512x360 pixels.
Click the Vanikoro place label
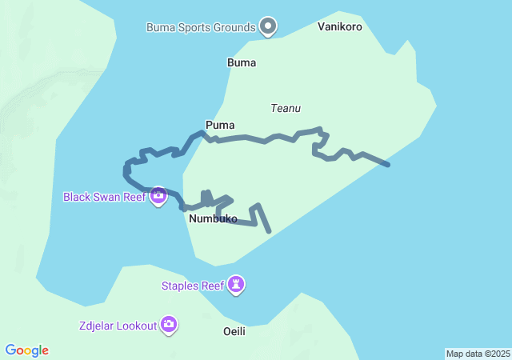pos(339,26)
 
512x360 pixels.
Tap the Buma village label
pos(242,62)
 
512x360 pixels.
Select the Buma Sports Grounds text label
pos(201,27)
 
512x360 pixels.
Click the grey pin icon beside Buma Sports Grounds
pos(269,26)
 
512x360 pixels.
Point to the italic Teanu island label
pos(286,107)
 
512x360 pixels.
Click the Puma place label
pos(219,125)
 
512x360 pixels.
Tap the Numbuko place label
pos(213,218)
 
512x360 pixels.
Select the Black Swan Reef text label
pos(104,196)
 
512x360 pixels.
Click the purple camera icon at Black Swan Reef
pos(158,194)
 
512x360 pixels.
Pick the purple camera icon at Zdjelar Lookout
pos(169,324)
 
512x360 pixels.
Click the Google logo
pos(26,350)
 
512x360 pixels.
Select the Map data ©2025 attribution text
pos(478,354)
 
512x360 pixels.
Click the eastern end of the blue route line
pos(388,165)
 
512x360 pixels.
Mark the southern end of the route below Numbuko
pos(270,232)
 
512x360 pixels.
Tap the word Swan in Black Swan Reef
pos(109,196)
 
